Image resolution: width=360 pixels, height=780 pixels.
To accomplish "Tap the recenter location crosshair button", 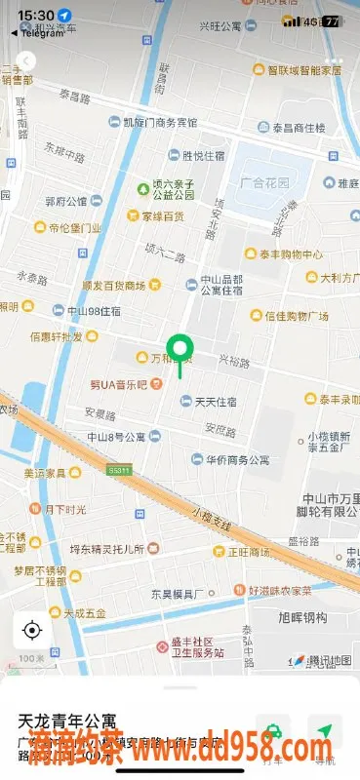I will click(32, 630).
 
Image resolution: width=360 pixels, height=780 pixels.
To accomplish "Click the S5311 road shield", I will click(119, 470).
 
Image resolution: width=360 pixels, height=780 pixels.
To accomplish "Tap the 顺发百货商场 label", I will click(113, 286).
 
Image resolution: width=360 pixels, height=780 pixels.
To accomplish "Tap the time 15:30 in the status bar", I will click(36, 17).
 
